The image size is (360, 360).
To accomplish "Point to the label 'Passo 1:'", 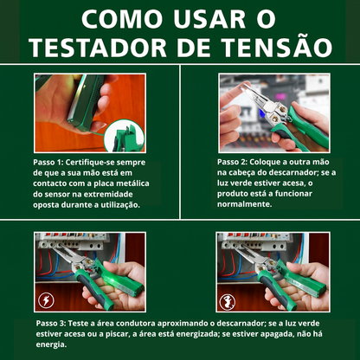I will (x=55, y=161).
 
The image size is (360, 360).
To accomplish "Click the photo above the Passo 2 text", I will (x=271, y=111).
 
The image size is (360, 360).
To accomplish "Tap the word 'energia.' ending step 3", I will (x=51, y=344).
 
